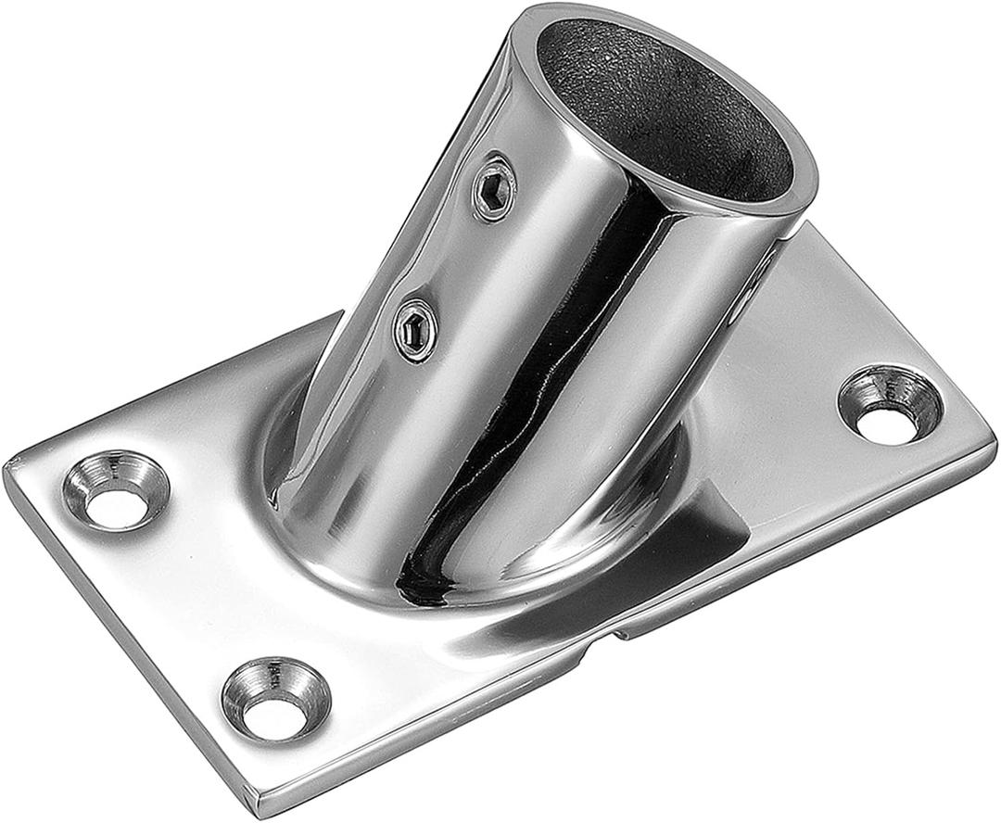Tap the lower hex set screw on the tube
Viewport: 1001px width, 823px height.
point(414,323)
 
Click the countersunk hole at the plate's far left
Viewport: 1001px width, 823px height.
point(115,487)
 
